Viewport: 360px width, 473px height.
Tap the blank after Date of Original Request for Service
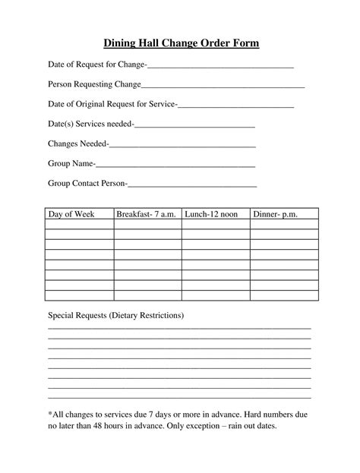[235, 105]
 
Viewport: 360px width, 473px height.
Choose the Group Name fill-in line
[175, 163]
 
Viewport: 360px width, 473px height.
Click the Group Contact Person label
[87, 183]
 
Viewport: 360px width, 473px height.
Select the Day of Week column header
[71, 215]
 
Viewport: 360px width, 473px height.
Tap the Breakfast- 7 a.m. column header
[147, 215]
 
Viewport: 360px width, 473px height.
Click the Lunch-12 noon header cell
[211, 215]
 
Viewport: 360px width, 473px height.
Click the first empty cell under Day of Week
[79, 225]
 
